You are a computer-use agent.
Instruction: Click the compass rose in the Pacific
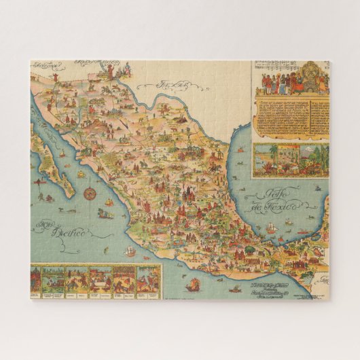point(89,194)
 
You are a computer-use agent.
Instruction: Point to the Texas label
point(173,86)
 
